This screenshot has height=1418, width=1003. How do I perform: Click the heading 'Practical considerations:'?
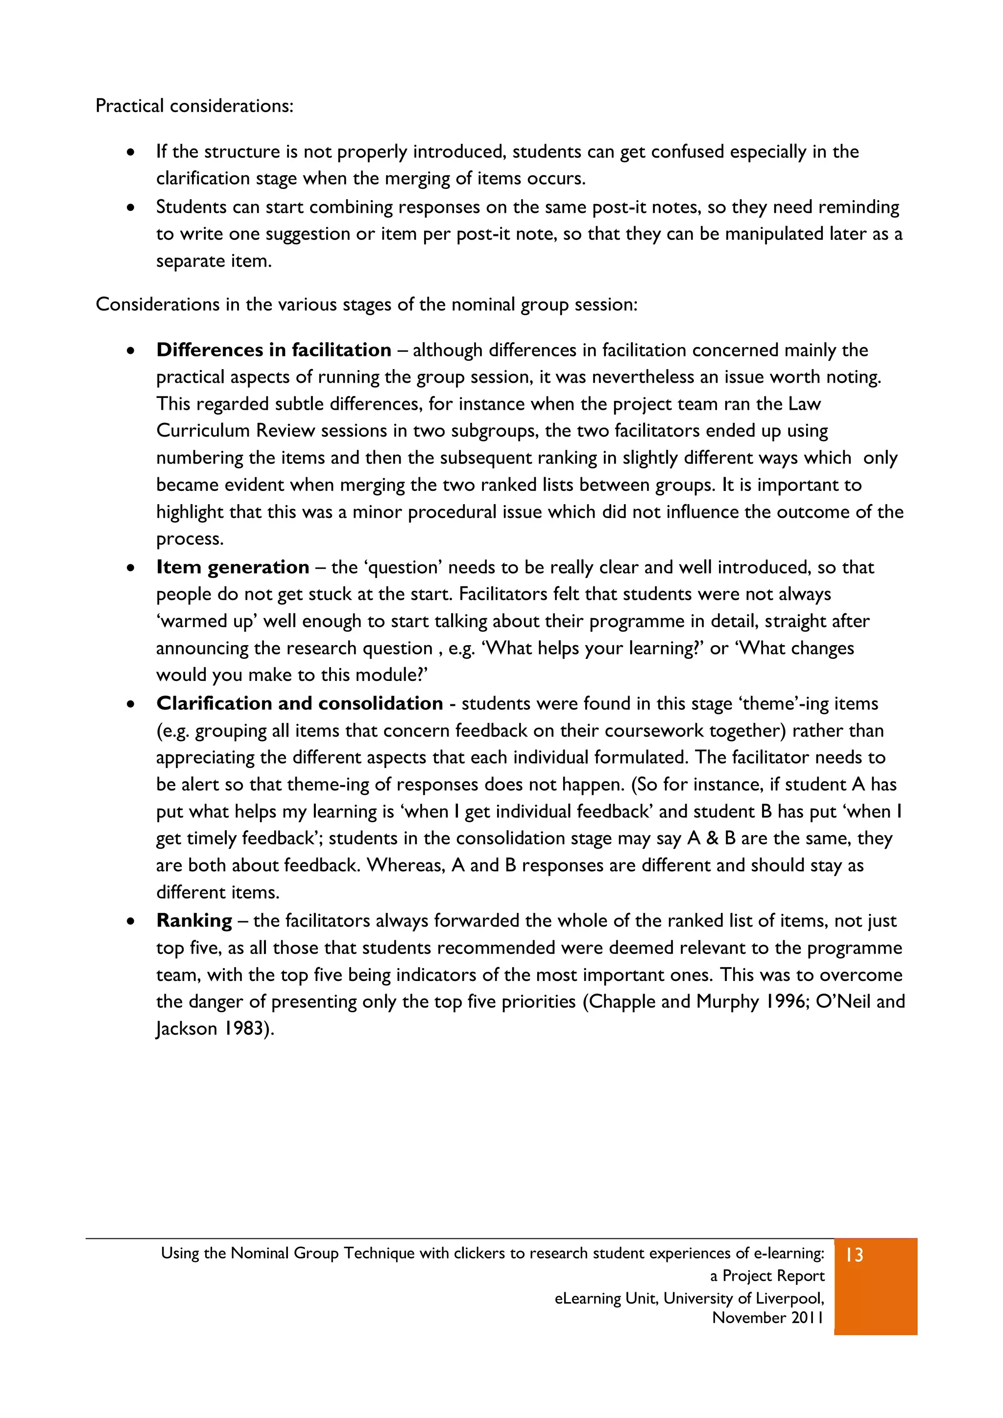point(194,106)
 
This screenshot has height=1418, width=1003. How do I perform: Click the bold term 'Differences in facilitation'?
point(273,350)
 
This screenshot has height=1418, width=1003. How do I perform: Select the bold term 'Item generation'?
point(232,567)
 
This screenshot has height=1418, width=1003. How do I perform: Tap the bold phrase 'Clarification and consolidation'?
point(299,703)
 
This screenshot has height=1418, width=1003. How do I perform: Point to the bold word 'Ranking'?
point(194,920)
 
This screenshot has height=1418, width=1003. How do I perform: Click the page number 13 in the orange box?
point(854,1255)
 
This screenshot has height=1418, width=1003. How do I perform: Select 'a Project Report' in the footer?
point(767,1276)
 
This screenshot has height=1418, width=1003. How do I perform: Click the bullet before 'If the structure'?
point(130,152)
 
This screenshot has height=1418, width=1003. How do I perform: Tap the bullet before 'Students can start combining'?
point(130,208)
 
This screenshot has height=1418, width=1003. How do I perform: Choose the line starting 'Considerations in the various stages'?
point(366,304)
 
